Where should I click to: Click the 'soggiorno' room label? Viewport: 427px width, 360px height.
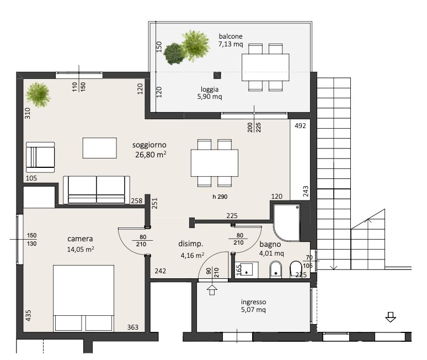[150, 145]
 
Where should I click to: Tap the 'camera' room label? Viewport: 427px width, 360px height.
[80, 239]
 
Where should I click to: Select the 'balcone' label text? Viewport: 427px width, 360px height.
[231, 36]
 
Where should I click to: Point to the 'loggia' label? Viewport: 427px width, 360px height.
[210, 89]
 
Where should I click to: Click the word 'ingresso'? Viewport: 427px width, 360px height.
[253, 302]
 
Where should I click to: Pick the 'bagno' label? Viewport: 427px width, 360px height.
[270, 244]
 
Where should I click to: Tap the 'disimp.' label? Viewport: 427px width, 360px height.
[191, 243]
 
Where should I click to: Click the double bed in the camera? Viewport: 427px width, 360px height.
[84, 298]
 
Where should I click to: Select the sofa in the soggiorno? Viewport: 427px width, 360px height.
[97, 190]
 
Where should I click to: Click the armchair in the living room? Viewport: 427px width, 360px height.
[40, 157]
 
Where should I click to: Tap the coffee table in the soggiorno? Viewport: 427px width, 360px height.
[100, 148]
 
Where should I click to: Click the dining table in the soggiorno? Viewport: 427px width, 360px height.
[215, 163]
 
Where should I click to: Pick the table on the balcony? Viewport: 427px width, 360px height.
[265, 67]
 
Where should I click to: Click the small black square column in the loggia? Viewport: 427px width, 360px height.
[217, 75]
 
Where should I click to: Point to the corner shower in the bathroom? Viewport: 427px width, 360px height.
[287, 223]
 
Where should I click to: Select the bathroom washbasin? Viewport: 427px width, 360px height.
[247, 270]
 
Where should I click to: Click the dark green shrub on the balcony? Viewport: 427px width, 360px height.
[174, 54]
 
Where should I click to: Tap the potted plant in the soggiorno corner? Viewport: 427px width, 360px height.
[38, 94]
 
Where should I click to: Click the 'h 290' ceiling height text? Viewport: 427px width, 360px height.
[220, 197]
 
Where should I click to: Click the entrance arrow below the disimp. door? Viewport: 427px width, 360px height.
[212, 290]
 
